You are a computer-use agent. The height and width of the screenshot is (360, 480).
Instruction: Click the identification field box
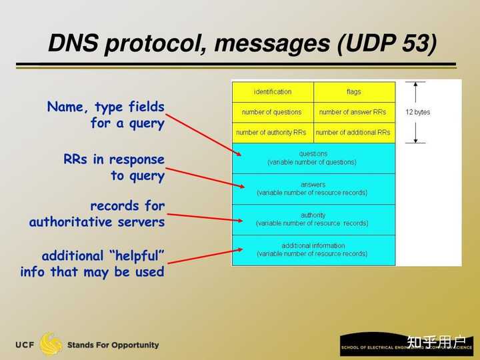click(273, 92)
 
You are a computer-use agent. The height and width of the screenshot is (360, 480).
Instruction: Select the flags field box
click(354, 92)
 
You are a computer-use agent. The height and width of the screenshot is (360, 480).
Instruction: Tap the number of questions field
click(273, 112)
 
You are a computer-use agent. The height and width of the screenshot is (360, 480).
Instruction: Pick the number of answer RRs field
click(354, 112)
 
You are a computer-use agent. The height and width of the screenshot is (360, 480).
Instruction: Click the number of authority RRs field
click(273, 133)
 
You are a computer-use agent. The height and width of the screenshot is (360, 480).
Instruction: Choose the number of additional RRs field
click(354, 133)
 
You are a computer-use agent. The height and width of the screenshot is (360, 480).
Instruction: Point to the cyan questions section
click(313, 158)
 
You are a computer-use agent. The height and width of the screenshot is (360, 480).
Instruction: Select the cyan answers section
click(313, 189)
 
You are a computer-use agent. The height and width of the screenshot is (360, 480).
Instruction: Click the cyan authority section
click(313, 219)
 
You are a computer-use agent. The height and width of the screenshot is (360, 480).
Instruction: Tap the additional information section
click(313, 250)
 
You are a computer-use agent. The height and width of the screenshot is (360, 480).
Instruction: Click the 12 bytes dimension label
click(418, 112)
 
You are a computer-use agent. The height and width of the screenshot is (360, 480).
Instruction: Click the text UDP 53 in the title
click(387, 44)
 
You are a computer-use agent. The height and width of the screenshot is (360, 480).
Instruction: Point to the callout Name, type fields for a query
click(105, 115)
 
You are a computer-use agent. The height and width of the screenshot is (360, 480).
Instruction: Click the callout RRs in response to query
click(113, 167)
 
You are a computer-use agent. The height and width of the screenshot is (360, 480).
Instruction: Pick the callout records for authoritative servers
click(97, 213)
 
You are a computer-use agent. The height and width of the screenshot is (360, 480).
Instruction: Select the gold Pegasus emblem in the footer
click(51, 344)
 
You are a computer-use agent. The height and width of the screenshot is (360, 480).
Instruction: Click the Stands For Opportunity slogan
click(113, 345)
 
